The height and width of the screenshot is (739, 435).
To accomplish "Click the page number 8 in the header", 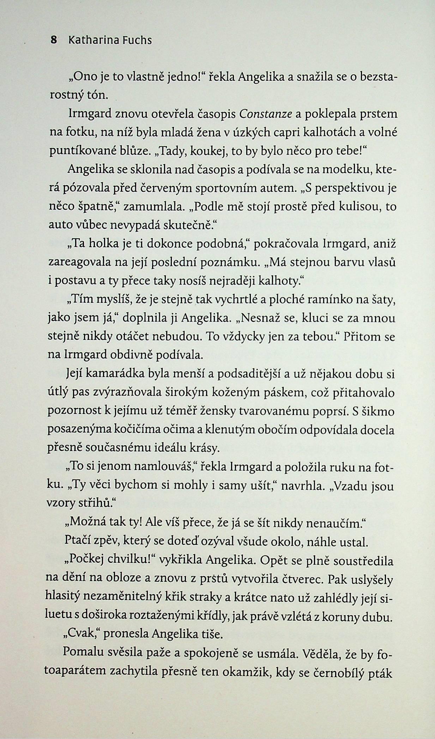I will (x=54, y=40).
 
